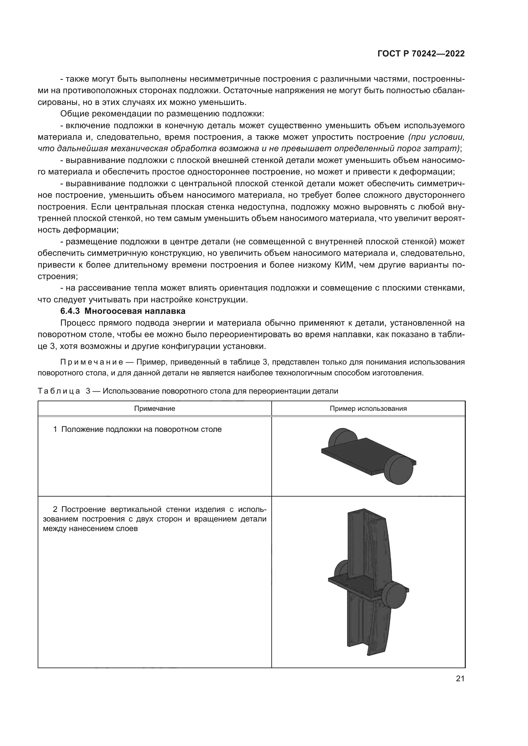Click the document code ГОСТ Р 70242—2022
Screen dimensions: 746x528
click(421, 54)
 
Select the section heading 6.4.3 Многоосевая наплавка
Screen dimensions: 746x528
click(123, 311)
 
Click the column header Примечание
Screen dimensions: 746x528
click(155, 409)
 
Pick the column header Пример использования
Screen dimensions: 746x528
click(368, 409)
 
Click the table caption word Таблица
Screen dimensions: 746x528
click(59, 391)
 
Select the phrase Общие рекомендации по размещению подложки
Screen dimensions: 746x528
click(162, 114)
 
